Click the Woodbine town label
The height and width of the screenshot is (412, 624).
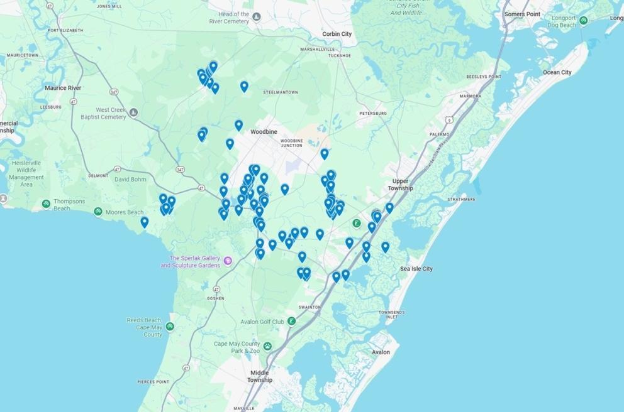click(264, 132)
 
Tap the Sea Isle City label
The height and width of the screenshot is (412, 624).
click(416, 269)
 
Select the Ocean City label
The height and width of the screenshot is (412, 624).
click(557, 72)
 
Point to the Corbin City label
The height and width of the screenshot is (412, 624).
click(337, 34)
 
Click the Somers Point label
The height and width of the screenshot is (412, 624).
click(522, 14)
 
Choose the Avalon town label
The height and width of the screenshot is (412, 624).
click(381, 352)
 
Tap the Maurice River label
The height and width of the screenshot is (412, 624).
click(63, 88)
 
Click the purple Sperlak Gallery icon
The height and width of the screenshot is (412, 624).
click(228, 261)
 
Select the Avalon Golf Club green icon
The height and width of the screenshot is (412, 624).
click(292, 322)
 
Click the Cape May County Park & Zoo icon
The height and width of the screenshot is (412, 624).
click(267, 346)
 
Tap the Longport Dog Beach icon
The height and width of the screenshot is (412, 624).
click(584, 21)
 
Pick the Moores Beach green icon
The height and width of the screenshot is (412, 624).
click(98, 212)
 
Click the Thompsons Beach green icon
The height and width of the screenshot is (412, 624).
click(46, 204)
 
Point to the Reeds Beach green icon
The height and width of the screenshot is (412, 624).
click(170, 327)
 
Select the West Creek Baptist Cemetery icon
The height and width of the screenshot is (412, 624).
click(133, 112)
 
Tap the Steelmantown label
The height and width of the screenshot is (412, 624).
click(281, 92)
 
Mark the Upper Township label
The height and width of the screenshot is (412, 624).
click(401, 185)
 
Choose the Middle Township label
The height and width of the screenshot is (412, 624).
click(260, 376)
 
